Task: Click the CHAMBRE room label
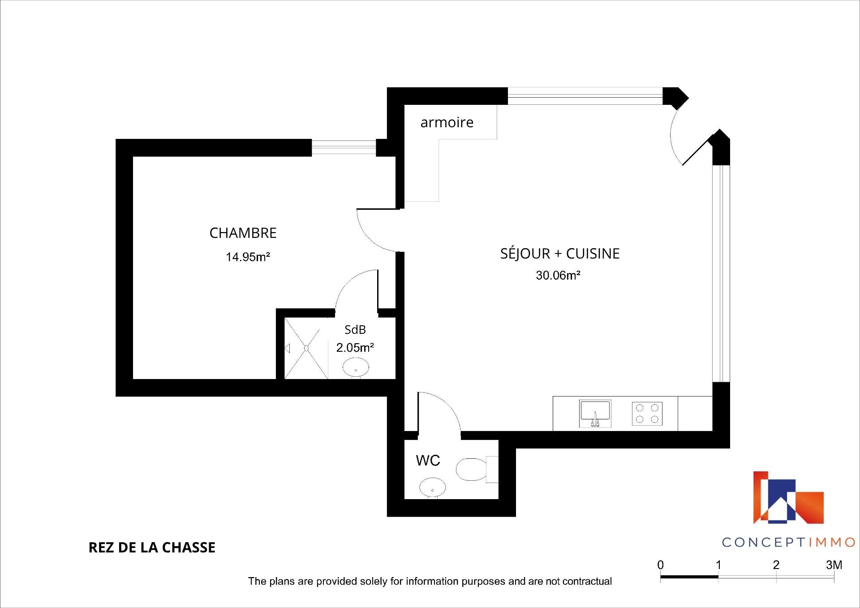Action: coord(243,233)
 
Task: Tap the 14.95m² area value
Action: coord(248,257)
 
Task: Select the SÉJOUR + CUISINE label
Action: coord(560,253)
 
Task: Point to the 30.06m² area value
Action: coord(558,275)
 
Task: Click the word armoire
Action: coord(447,122)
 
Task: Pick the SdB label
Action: coord(355,330)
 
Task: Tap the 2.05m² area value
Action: coord(355,348)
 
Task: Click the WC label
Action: coord(428,460)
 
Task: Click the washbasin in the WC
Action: coord(433,487)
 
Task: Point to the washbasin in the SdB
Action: coord(356,368)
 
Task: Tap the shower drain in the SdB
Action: coord(307,348)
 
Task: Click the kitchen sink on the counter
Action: coord(595,413)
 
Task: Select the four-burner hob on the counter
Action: coord(647,414)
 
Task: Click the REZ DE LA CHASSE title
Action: coord(152,548)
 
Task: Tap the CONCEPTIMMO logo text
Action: coord(789,542)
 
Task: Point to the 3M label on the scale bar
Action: coord(834,565)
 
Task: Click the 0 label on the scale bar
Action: coord(661,565)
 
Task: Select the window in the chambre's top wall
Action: coord(344,147)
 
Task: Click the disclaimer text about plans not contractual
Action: coord(430,581)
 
